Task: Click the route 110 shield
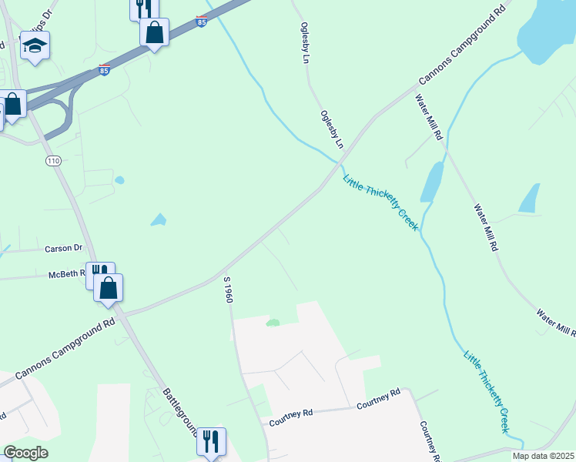pyautogui.click(x=52, y=161)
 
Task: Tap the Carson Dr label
pyautogui.click(x=63, y=249)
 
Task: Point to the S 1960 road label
pyautogui.click(x=228, y=290)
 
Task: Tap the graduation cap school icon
pyautogui.click(x=35, y=46)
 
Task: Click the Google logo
pyautogui.click(x=25, y=453)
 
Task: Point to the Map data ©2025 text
pyautogui.click(x=544, y=456)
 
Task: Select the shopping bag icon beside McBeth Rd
pyautogui.click(x=109, y=289)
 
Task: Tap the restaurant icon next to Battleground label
pyautogui.click(x=210, y=442)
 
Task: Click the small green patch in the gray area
pyautogui.click(x=272, y=323)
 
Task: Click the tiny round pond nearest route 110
pyautogui.click(x=119, y=180)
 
